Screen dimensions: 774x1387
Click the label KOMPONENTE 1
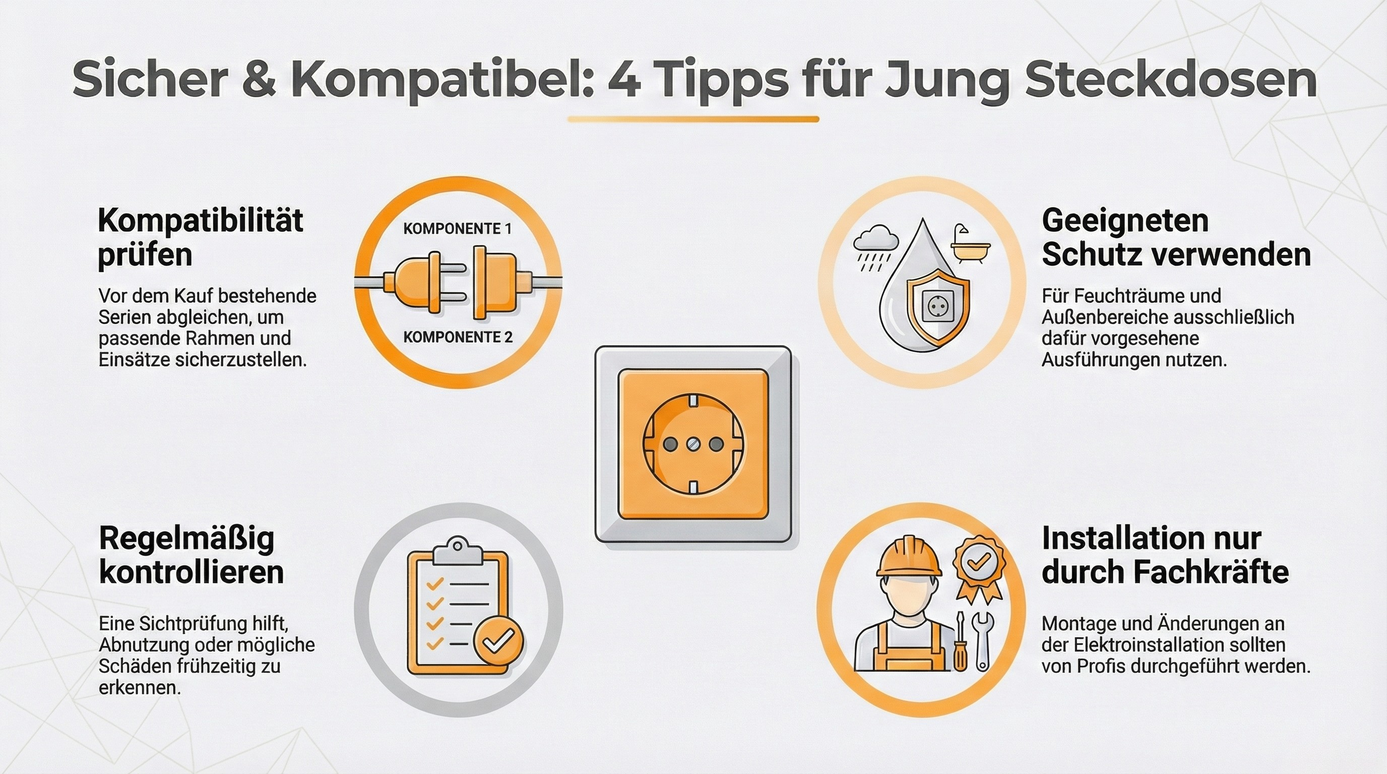(457, 229)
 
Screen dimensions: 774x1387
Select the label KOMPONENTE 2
(458, 338)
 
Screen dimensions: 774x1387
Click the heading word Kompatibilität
(200, 221)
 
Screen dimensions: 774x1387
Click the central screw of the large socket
(693, 444)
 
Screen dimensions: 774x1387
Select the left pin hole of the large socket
(670, 444)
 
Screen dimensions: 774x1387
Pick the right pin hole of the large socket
(716, 444)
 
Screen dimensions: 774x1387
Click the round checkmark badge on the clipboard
(498, 640)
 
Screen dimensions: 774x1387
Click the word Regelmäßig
(187, 538)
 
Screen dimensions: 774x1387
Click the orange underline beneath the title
(693, 119)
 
